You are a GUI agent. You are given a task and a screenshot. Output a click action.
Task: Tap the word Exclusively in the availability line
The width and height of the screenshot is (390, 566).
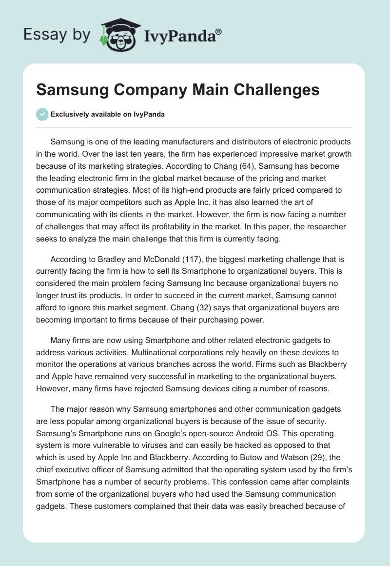(70, 114)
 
